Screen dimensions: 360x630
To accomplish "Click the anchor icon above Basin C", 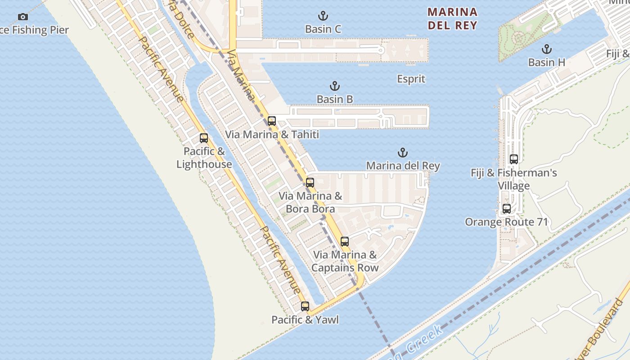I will pos(323,16).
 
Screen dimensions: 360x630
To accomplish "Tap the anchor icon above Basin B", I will pos(334,86).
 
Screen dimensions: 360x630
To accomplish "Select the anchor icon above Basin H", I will pos(547,49).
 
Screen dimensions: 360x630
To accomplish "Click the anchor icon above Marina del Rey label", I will pos(403,153).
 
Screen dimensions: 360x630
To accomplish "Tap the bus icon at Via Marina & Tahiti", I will pos(271,121).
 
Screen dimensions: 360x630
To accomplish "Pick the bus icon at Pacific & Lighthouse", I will pos(204,138).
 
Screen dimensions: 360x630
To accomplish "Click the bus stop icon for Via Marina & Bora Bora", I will pos(310,182).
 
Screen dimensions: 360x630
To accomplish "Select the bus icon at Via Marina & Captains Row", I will pos(344,241).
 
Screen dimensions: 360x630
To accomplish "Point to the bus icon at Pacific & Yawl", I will pos(305,306).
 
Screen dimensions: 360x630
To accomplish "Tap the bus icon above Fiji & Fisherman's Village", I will pos(513,159).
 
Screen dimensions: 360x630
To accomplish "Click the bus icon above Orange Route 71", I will pos(506,209).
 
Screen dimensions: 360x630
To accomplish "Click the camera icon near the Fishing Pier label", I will pos(23,17).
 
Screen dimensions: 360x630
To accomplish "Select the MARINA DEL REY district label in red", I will pos(452,18).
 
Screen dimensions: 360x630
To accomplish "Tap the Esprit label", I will pos(411,79).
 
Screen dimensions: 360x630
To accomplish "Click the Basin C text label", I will pos(323,29).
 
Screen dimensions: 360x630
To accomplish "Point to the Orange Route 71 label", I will pos(506,222).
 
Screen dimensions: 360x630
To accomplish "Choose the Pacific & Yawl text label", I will pos(305,320).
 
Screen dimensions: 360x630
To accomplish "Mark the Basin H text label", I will pos(547,63).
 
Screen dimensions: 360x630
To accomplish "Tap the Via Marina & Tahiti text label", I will pos(272,135).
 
